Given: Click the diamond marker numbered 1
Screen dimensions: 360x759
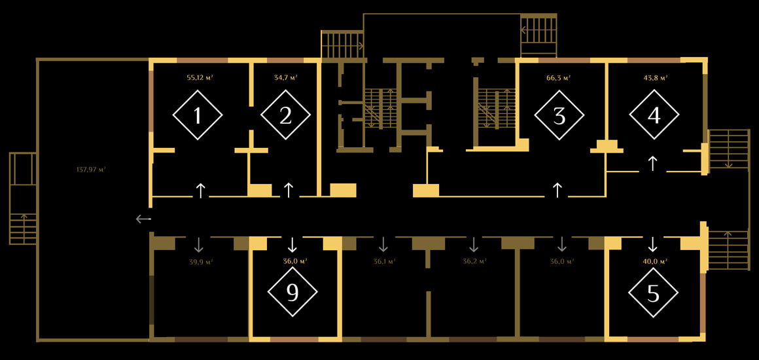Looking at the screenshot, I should pos(198,115).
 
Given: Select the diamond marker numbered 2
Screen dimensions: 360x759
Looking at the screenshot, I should pos(285,115).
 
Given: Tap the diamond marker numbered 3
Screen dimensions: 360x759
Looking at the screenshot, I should pos(559,115).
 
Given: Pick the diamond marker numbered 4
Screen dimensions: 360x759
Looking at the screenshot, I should pos(654,115).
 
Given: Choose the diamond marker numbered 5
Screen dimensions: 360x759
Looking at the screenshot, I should pos(653,293).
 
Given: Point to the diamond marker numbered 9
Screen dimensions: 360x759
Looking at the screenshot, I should pos(292,292).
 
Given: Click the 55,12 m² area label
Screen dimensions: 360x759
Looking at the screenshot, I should pos(200,77).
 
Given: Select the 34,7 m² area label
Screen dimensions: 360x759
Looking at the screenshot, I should pos(285,77).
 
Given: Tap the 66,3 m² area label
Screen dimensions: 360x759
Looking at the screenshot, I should pos(559,77).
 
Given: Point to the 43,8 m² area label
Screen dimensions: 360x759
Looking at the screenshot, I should pos(655,77).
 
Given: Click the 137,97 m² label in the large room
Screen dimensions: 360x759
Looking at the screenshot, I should pos(91,170).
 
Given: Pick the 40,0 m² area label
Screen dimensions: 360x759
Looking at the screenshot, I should pos(654,261).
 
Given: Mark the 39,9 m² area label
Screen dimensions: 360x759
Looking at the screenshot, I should pos(201,261).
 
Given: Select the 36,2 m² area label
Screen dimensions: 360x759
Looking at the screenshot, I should pos(474,261).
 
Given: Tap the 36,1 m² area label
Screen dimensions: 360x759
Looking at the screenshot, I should pos(384,261).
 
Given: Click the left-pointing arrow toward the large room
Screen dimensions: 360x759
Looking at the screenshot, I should pos(143,219).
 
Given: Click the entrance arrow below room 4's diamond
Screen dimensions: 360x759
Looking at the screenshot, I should pos(652,163).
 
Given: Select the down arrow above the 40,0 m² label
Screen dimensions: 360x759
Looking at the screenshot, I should pos(652,244).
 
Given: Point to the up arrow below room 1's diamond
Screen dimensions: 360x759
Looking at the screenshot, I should pos(200,190).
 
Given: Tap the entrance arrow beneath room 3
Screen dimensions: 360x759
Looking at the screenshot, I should pos(557,190).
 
